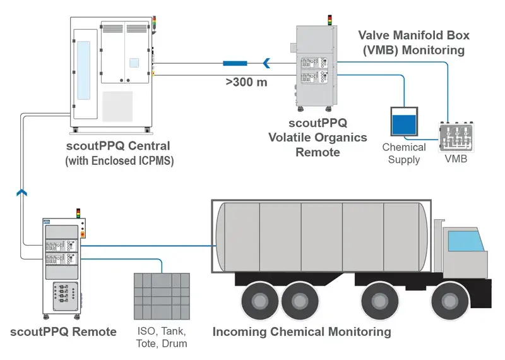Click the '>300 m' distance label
(246, 82)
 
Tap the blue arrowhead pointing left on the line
(266, 63)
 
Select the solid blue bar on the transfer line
(235, 63)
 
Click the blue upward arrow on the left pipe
(21, 193)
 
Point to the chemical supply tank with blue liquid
(404, 121)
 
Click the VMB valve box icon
(456, 136)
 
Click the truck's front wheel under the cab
(449, 301)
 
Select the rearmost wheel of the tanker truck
(260, 301)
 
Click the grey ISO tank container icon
(162, 296)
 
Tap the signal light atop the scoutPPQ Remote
(78, 213)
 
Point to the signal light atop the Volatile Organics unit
(330, 20)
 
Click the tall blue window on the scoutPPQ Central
(83, 70)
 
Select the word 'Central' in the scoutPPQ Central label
(149, 146)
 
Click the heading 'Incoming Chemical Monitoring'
(302, 332)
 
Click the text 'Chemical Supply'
(404, 153)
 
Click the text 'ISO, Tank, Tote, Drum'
(162, 337)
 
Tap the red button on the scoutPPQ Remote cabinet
(82, 234)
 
